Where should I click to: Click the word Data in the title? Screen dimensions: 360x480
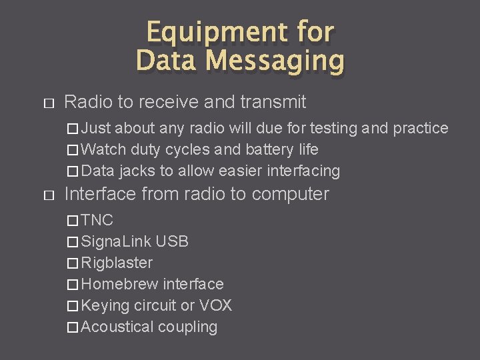pyautogui.click(x=167, y=61)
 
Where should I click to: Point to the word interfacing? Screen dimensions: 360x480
pyautogui.click(x=303, y=171)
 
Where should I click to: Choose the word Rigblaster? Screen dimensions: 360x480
pyautogui.click(x=117, y=263)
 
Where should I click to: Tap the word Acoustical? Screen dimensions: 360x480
pyautogui.click(x=117, y=327)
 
